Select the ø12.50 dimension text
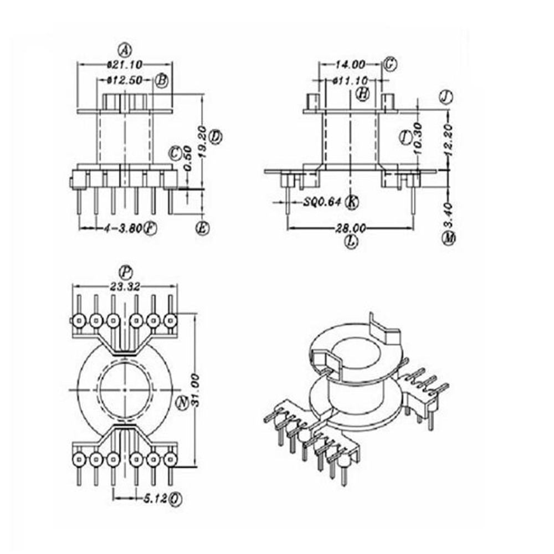125,81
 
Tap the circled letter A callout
125,50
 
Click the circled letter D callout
216,137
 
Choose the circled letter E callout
204,228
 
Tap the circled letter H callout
362,94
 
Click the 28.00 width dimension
351,228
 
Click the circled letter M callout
449,239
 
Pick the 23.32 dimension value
125,286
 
